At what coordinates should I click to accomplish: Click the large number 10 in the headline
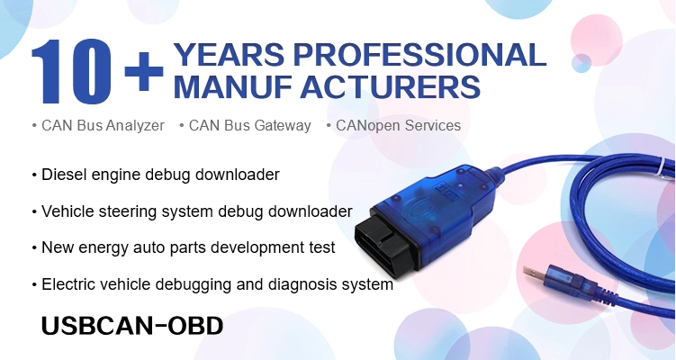click(x=71, y=71)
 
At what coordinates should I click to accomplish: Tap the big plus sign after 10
click(x=143, y=71)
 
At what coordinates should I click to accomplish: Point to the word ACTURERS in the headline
click(x=390, y=86)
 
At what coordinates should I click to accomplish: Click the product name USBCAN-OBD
click(x=132, y=326)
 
